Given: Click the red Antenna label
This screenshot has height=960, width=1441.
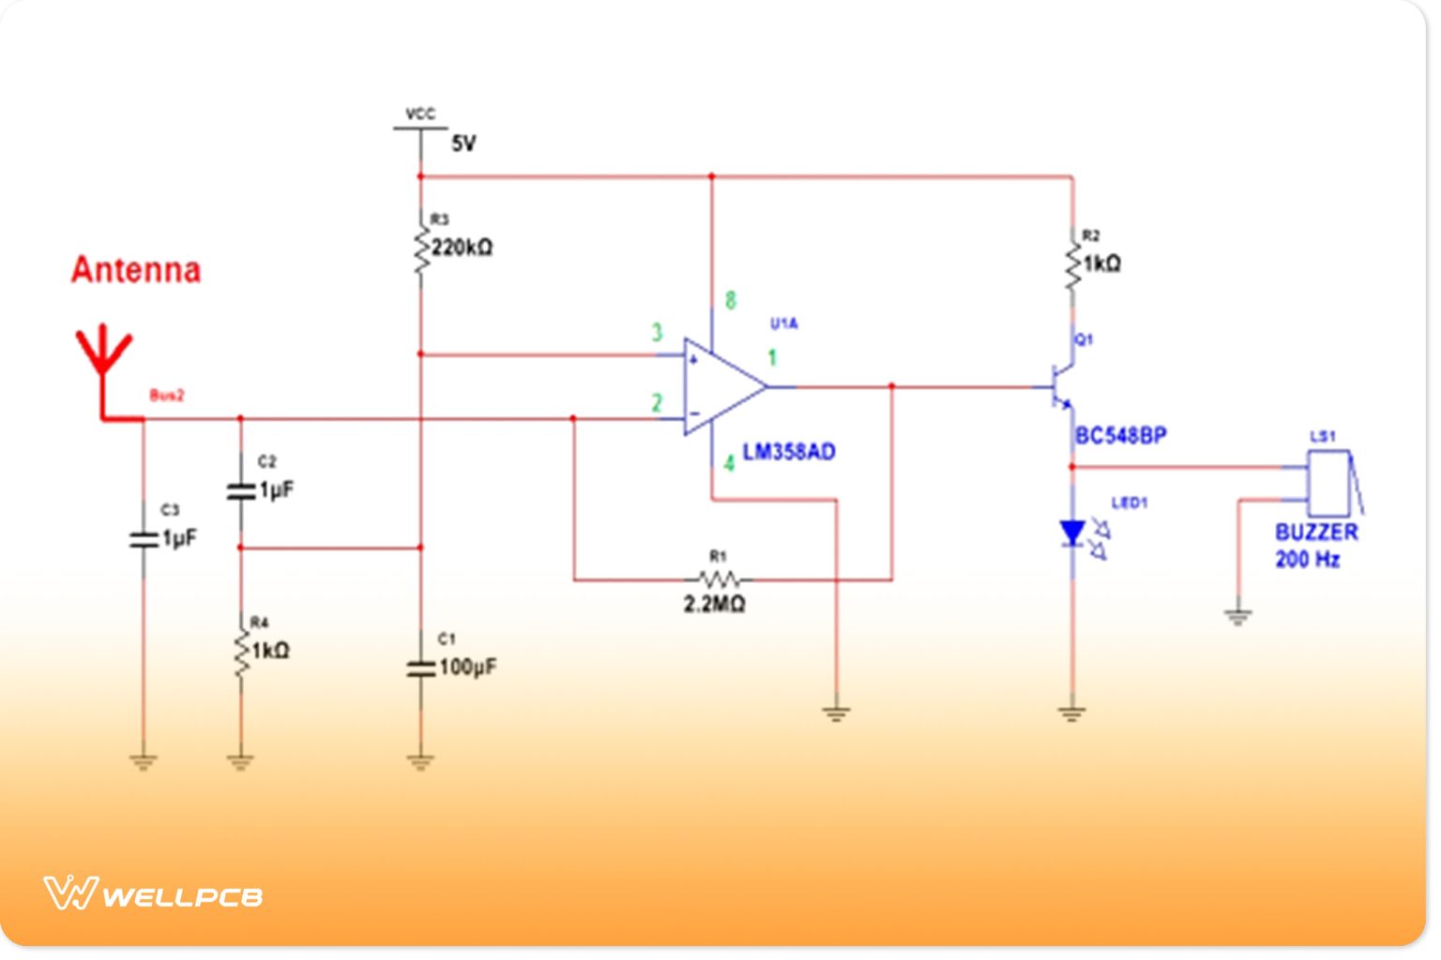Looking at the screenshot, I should (x=136, y=270).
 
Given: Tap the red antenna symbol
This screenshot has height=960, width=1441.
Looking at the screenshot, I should (x=103, y=361).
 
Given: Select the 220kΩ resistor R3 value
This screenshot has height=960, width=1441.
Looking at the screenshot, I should (x=462, y=247).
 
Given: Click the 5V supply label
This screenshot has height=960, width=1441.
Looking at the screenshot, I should (x=463, y=143).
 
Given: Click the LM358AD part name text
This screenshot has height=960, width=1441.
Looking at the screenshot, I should (x=788, y=452).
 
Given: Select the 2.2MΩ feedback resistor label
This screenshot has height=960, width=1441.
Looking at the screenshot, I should (x=714, y=605).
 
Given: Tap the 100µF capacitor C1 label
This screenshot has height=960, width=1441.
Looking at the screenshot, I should (x=467, y=667).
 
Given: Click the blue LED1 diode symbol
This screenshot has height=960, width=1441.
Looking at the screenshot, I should (x=1072, y=533).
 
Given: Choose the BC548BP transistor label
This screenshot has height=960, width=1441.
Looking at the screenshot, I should (x=1121, y=436).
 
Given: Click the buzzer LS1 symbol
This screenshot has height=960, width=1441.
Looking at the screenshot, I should (x=1330, y=483).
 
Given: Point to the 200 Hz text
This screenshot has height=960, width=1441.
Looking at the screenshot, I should (x=1307, y=560).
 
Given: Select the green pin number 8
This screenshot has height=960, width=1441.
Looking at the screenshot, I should (x=730, y=301).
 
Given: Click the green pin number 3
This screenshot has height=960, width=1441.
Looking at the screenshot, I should (x=657, y=332).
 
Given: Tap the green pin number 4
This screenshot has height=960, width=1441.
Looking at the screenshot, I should (x=728, y=463).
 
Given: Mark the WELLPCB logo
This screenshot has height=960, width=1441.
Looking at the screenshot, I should (x=153, y=893).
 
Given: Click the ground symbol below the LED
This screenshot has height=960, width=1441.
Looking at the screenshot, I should (x=1072, y=713).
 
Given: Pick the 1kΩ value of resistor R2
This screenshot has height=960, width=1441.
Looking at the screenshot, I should (x=1101, y=263).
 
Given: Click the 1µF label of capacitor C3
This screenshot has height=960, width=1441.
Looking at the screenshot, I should (x=179, y=538).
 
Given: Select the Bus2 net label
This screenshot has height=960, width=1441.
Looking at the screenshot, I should (x=167, y=396).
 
